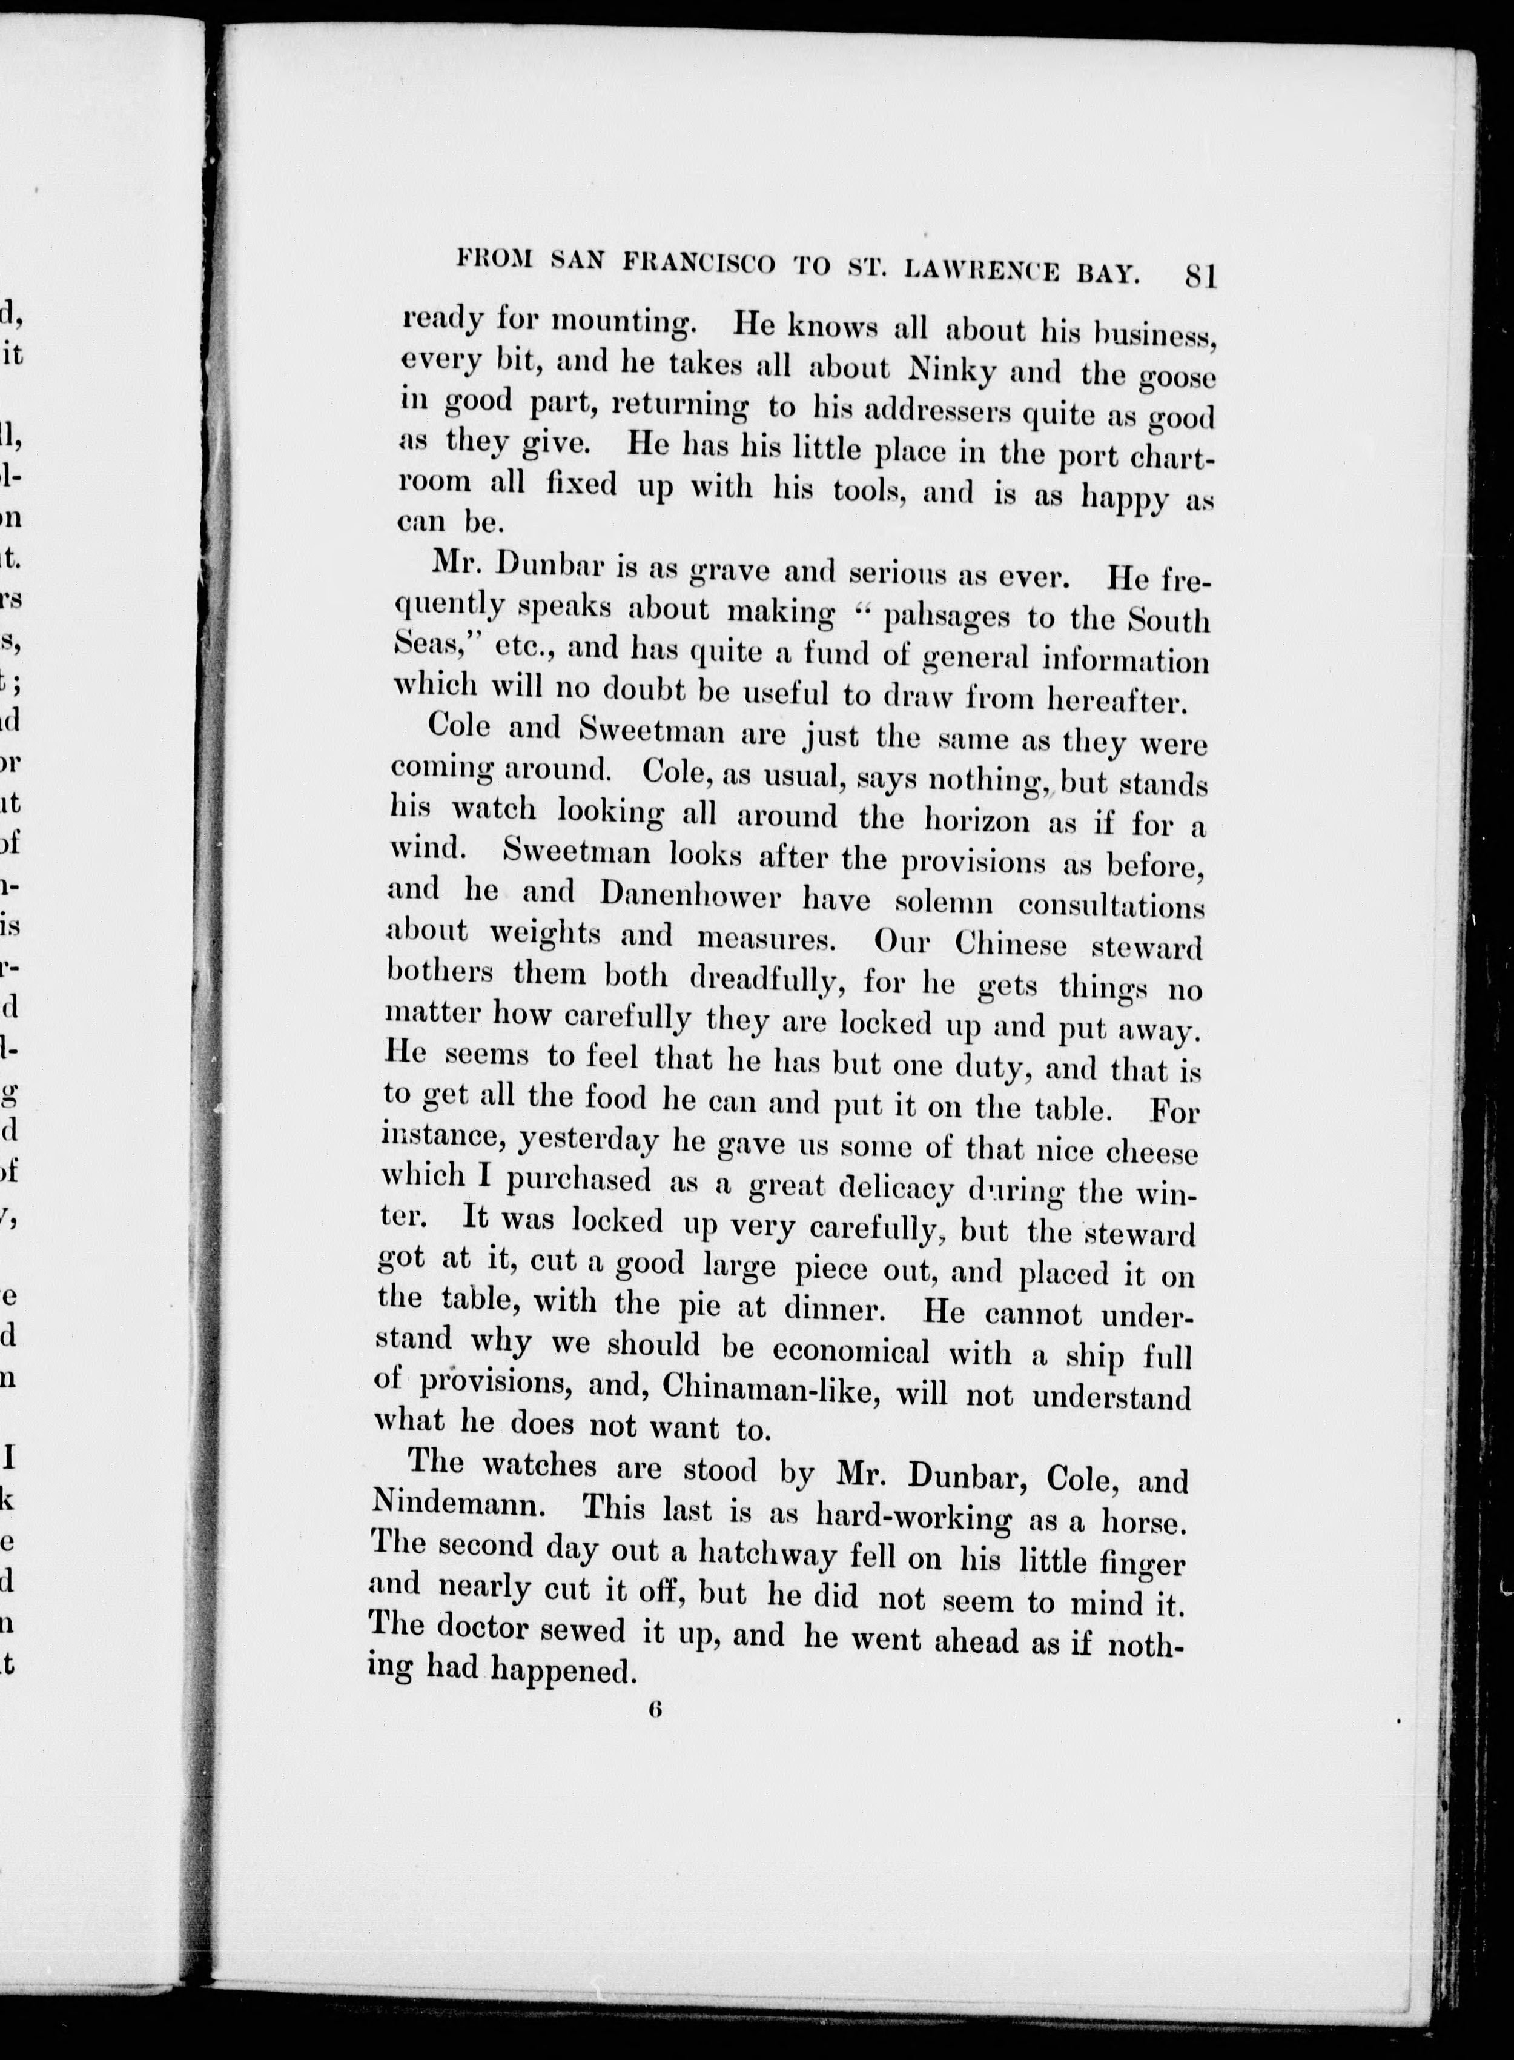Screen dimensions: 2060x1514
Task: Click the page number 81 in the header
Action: click(x=1200, y=275)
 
